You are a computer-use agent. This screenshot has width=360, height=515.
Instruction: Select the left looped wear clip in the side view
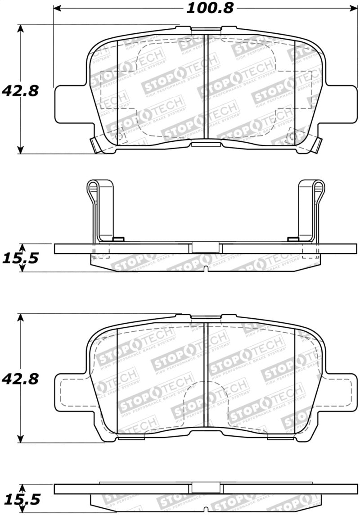point(100,209)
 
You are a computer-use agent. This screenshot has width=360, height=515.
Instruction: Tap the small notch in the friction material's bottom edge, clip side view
point(206,270)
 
